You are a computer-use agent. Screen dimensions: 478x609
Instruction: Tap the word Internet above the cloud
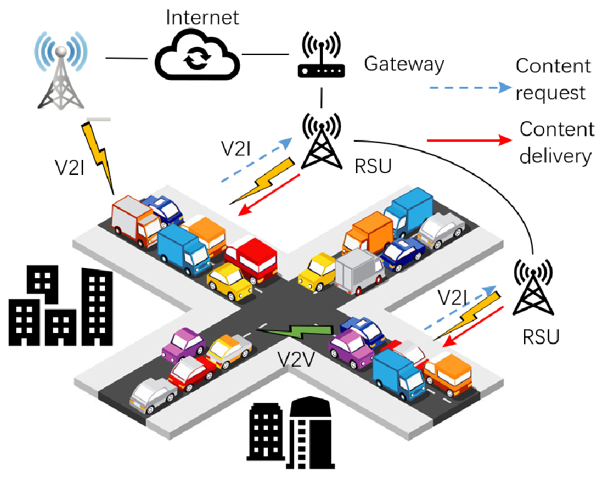click(x=202, y=17)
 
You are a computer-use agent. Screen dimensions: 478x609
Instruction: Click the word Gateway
click(x=404, y=64)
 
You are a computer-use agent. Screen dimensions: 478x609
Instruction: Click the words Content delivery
click(x=555, y=142)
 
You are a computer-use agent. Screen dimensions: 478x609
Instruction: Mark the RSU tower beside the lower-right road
click(x=532, y=289)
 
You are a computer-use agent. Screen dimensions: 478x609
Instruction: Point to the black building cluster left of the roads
click(x=61, y=306)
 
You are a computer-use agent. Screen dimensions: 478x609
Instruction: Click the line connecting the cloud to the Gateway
click(x=268, y=54)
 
